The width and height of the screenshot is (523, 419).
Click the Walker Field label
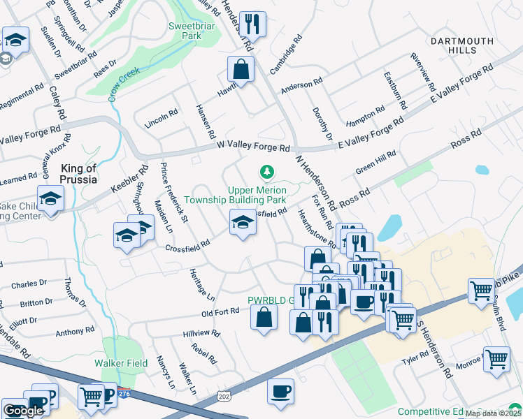(121, 363)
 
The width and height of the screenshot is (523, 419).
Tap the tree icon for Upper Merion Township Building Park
(266, 171)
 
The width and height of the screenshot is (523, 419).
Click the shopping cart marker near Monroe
(496, 359)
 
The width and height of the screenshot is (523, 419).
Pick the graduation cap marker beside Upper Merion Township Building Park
(243, 222)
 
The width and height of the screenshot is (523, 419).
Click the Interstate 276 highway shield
(124, 394)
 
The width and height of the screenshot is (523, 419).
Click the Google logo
(24, 411)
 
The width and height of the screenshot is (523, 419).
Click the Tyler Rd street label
(415, 360)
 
